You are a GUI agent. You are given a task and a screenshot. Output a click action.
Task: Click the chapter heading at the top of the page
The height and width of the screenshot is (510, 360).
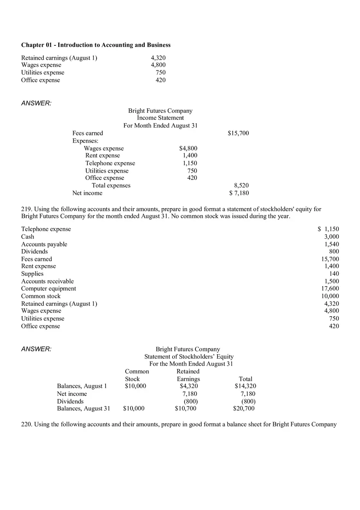point(96,45)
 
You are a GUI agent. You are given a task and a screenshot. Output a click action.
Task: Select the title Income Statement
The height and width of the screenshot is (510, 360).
point(160,118)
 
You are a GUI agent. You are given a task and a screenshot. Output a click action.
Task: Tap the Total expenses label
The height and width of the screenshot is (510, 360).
point(111,186)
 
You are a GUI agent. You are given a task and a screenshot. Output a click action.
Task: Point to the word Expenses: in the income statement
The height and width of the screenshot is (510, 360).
point(85,141)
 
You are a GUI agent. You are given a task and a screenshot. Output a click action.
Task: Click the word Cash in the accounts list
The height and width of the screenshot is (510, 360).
point(28,237)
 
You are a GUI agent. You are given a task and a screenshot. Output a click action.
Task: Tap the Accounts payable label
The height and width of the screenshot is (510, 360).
point(44,244)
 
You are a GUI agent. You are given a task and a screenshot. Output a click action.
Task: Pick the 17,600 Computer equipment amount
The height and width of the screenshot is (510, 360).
point(330,289)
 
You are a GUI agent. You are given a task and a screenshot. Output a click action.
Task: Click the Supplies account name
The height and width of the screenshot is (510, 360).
point(32,274)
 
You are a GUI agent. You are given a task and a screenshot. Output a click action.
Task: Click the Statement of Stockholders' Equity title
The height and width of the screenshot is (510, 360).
point(189,357)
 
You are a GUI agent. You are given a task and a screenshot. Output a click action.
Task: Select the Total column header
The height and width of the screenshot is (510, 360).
point(245,379)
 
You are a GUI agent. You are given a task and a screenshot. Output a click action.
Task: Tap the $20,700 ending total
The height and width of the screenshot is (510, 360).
point(244,409)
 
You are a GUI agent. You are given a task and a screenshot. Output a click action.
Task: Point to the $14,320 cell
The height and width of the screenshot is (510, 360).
point(245,386)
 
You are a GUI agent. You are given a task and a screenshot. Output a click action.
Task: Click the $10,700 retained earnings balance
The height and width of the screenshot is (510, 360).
point(186,409)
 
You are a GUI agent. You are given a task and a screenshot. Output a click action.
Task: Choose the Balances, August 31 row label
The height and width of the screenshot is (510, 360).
point(83,409)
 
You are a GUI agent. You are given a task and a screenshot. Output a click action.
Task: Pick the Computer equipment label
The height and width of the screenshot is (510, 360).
point(49,289)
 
